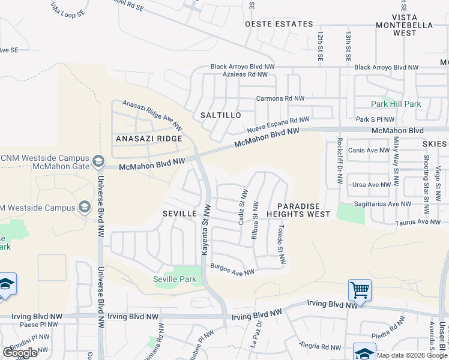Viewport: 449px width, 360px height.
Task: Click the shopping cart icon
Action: click(360, 290)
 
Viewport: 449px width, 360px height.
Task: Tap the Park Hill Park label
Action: click(396, 104)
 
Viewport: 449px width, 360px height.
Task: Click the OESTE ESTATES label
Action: click(279, 24)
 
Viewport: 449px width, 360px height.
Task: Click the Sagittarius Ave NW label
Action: click(382, 204)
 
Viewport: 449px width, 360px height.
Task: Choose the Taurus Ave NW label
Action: click(418, 222)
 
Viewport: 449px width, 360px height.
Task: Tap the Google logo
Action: click(20, 353)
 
